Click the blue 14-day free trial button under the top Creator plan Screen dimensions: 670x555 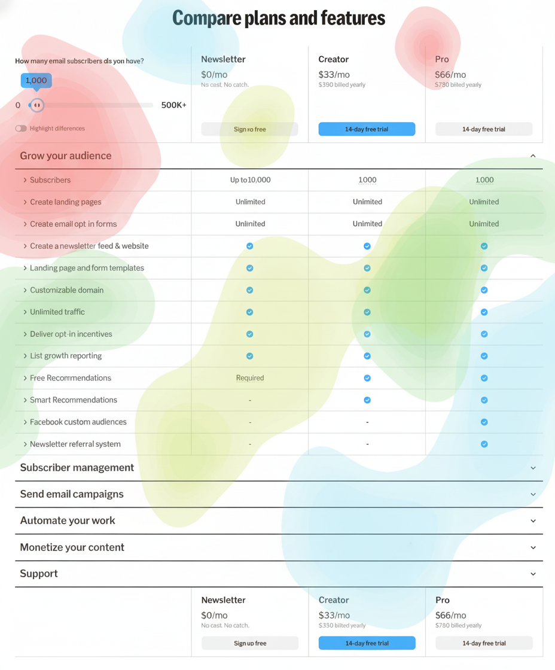[x=367, y=129]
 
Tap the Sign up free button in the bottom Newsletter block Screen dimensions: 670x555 [x=250, y=643]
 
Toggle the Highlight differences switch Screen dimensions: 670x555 [x=21, y=129]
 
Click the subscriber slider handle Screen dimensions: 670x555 [x=37, y=105]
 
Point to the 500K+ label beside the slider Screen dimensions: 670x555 [x=173, y=105]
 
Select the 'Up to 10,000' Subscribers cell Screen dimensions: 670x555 [x=250, y=180]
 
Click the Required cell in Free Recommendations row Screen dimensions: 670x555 [x=250, y=378]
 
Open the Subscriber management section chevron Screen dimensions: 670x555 [x=533, y=468]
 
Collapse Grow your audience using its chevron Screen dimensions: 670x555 [x=533, y=156]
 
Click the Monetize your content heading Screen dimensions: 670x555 [x=72, y=547]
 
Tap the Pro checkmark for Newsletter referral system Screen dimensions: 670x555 [x=484, y=444]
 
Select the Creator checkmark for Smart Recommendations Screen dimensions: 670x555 [x=367, y=400]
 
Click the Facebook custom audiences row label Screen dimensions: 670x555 [x=78, y=422]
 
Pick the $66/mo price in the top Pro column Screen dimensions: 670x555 [x=450, y=75]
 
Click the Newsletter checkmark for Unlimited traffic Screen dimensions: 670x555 [x=250, y=312]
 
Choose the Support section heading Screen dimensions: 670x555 [x=39, y=574]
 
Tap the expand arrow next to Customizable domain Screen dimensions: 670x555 [x=25, y=290]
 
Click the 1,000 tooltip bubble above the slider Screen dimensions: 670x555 [x=36, y=80]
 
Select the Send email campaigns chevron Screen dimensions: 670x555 [x=533, y=494]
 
